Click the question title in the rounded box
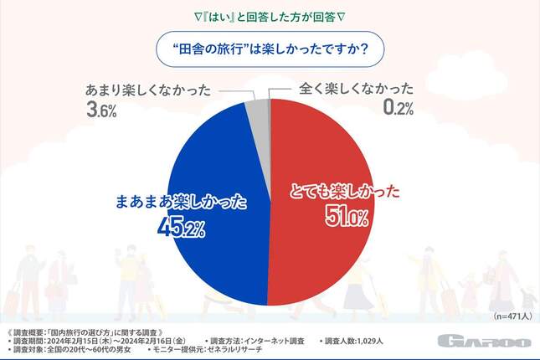coord(269,48)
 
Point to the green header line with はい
coord(270,16)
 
